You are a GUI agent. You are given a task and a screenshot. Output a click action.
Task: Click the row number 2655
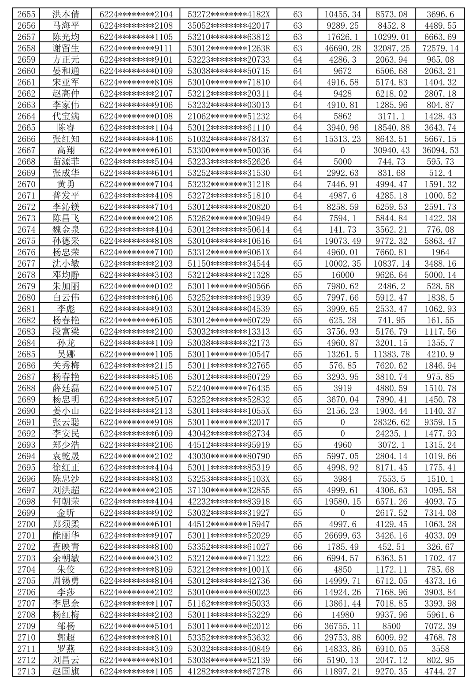click(26, 15)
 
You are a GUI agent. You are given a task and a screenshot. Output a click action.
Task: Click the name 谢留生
click(66, 48)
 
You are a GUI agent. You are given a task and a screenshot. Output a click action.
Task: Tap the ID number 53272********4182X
click(229, 15)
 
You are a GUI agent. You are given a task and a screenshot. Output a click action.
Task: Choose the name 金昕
click(66, 513)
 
